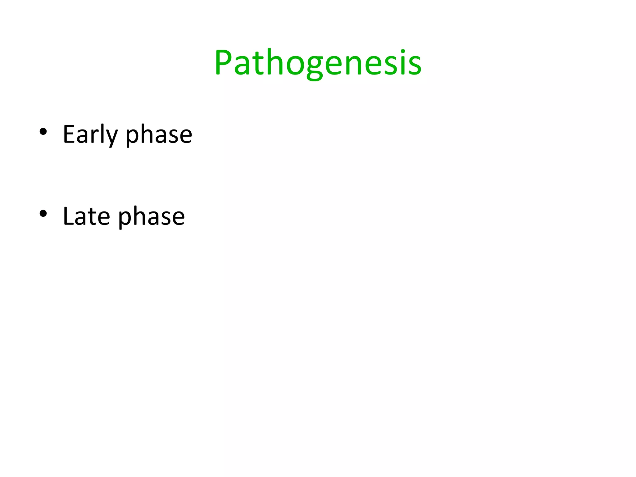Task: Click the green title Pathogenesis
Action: click(318, 63)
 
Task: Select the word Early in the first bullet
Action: click(90, 134)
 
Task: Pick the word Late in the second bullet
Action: click(86, 216)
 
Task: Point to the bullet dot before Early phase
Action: click(43, 132)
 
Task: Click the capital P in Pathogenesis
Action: click(223, 63)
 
